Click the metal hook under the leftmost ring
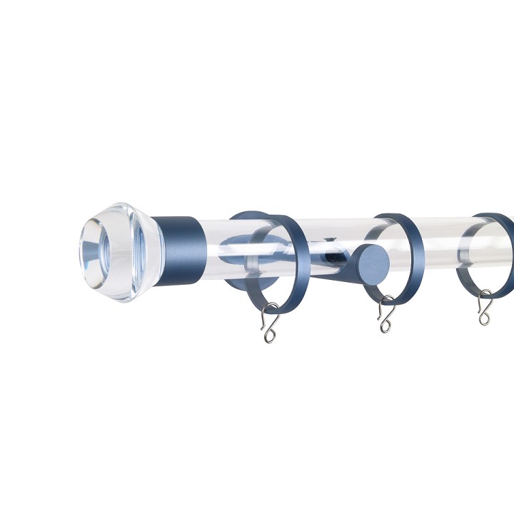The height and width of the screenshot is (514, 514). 269,321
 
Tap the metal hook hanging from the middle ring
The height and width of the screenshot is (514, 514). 385,315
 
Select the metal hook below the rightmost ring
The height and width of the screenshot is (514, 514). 485,308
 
